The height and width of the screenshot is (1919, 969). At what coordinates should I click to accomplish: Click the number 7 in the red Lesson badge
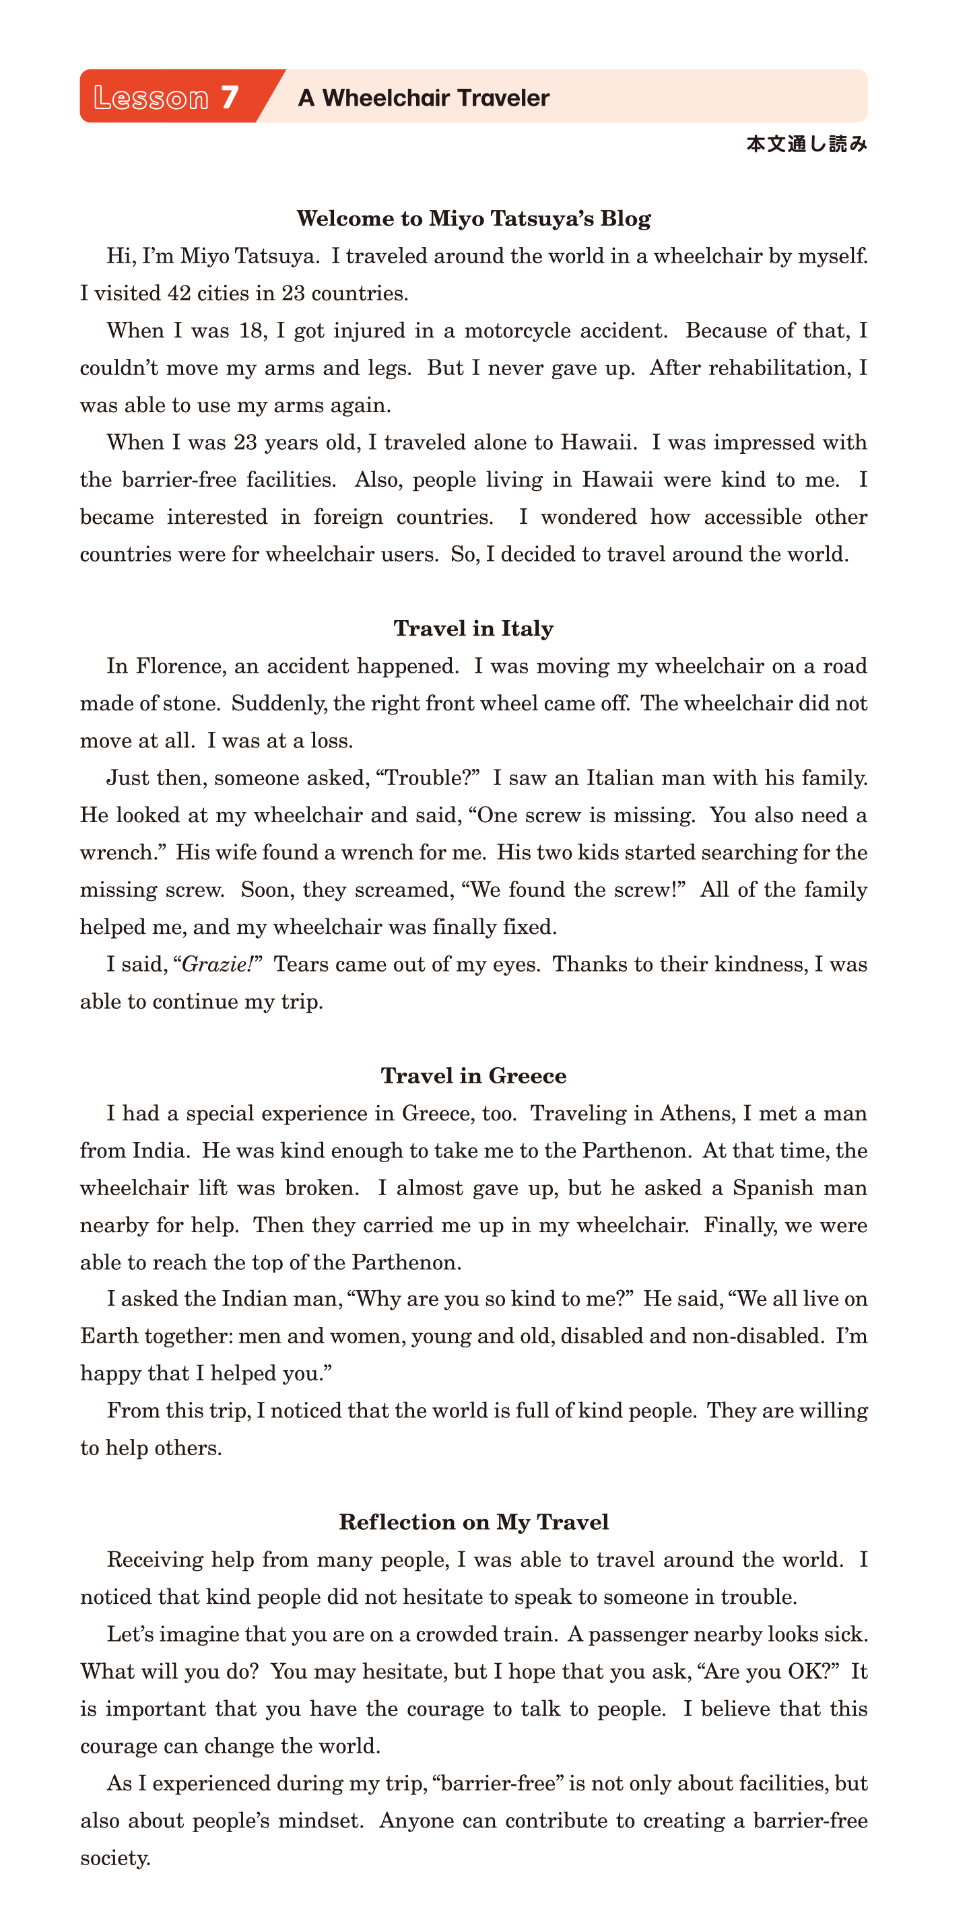pyautogui.click(x=229, y=98)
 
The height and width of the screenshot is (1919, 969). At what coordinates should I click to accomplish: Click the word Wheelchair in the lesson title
pyautogui.click(x=386, y=98)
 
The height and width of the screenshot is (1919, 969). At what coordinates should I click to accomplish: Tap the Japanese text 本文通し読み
pyautogui.click(x=807, y=144)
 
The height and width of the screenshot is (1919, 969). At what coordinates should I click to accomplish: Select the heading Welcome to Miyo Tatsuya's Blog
pyautogui.click(x=473, y=218)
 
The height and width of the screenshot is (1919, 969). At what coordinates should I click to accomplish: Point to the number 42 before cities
pyautogui.click(x=178, y=294)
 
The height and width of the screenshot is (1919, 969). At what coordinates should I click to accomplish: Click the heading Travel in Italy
pyautogui.click(x=473, y=628)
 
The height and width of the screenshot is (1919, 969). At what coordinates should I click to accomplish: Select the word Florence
pyautogui.click(x=180, y=666)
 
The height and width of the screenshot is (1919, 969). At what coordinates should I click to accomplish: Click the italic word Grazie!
pyautogui.click(x=218, y=964)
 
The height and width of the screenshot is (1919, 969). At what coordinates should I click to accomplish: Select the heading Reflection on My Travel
pyautogui.click(x=473, y=1522)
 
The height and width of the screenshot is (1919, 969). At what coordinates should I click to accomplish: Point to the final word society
pyautogui.click(x=114, y=1858)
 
